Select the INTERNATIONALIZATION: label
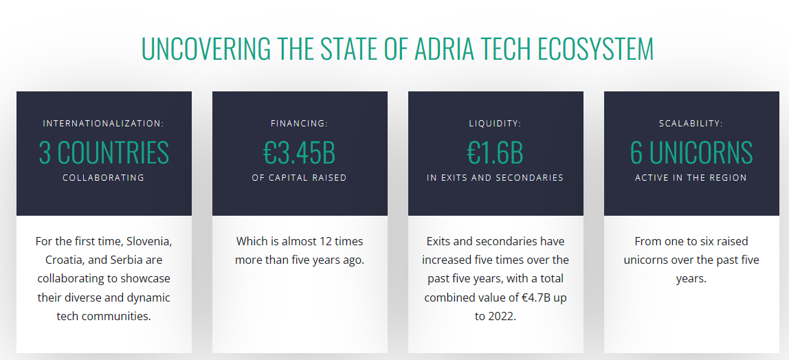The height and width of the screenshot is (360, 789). (x=104, y=124)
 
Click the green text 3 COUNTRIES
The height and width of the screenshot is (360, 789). (x=104, y=153)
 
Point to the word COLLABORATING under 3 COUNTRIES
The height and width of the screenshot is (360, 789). (x=104, y=177)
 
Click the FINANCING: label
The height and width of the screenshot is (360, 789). (x=300, y=124)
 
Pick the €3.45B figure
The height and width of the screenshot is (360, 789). (x=300, y=153)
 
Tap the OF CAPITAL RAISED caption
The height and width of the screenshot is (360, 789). (x=300, y=177)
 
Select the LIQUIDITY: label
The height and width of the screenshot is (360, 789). (x=496, y=124)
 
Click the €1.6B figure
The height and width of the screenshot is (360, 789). (x=496, y=153)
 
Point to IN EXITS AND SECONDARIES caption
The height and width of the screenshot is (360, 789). (x=496, y=177)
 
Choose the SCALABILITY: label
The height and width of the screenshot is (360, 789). (x=691, y=124)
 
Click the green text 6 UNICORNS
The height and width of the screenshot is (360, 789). (x=691, y=153)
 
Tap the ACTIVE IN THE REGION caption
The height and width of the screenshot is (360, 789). (x=691, y=177)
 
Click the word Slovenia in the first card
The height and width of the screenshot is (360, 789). (x=148, y=241)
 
